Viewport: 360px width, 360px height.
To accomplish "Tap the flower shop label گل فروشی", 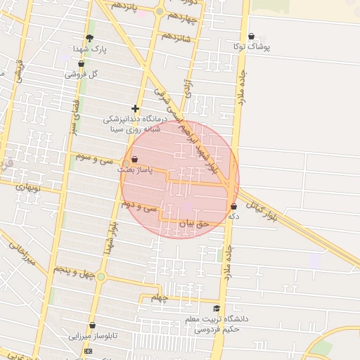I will pos(82,74).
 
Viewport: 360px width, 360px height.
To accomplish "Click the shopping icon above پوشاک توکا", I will pos(252,36).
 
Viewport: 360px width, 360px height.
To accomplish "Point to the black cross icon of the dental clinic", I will pos(135,108).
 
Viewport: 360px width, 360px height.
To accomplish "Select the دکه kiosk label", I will pos(233,217).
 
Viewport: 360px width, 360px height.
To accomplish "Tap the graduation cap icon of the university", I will pos(217,309).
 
